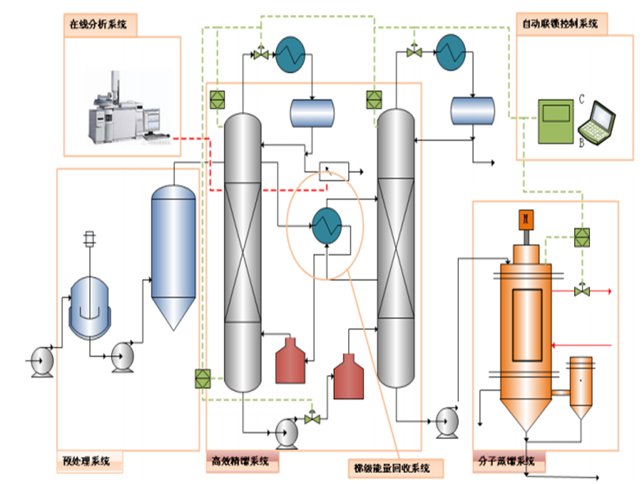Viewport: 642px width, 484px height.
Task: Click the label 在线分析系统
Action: tap(99, 24)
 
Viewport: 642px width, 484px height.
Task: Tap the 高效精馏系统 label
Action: tap(242, 460)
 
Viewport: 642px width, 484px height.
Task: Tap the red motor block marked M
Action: tap(525, 218)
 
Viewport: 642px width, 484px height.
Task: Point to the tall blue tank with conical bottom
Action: tap(173, 253)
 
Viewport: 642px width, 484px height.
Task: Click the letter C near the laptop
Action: tap(581, 99)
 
